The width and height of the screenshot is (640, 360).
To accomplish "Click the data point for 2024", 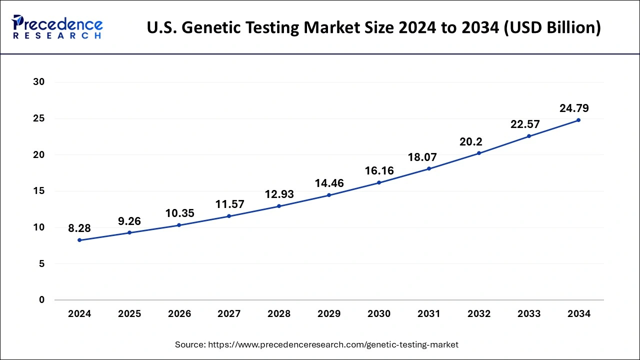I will pos(79,240).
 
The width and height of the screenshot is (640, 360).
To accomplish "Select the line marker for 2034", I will pos(578,120).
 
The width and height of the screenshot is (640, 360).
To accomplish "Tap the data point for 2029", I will pos(329,195).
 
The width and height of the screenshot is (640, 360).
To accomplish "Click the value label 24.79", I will pos(574,108).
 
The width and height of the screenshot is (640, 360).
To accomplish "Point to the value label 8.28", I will pos(79,228).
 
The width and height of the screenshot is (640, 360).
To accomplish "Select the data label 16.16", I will pos(379,171).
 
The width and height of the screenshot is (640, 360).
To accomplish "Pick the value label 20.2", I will pos(471,142).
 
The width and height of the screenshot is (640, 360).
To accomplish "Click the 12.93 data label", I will pos(279,194).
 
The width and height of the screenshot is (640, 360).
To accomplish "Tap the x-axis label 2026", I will pos(179,314).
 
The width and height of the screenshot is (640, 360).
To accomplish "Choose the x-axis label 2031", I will pos(429,314).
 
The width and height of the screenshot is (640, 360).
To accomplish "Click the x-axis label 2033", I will pos(529,314).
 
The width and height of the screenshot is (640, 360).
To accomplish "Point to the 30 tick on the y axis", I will pos(39,82).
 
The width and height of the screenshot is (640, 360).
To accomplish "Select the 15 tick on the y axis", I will pos(39,191).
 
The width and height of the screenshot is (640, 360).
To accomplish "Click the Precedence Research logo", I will pos(58,27).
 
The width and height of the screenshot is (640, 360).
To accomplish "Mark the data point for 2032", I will pos(479,153).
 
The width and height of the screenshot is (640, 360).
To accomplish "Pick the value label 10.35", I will pos(179,213).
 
